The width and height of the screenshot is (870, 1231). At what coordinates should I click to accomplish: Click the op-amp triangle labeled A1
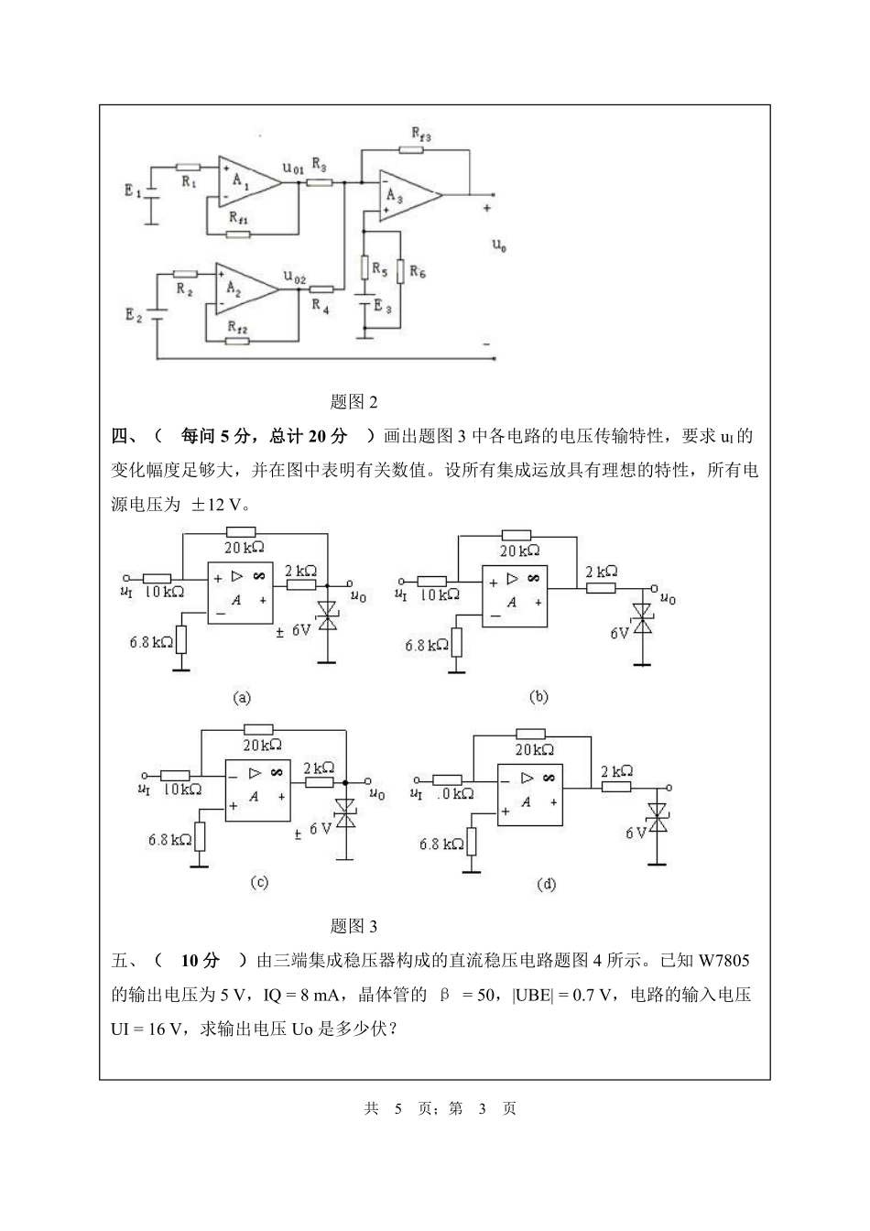[x=245, y=181]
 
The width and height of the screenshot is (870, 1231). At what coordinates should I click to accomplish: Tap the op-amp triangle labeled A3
[x=404, y=195]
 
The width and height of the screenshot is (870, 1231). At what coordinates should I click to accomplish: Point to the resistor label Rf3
[x=420, y=136]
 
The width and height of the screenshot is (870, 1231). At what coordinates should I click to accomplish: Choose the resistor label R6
[x=417, y=271]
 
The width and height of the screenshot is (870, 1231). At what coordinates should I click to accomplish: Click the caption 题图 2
[x=353, y=401]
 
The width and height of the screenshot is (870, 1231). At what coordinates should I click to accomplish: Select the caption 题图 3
[x=353, y=926]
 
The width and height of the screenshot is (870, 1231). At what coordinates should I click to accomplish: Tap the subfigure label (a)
[x=242, y=698]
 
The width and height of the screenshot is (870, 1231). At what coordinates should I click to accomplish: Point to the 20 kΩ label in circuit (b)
[x=519, y=551]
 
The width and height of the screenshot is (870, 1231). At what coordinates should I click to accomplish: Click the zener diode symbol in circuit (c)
[x=346, y=814]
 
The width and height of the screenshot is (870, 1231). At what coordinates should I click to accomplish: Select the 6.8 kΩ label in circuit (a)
[x=151, y=642]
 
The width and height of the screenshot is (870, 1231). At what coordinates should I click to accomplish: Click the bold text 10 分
[x=201, y=961]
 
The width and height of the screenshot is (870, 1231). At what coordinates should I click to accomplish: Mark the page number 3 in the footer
[x=482, y=1108]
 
